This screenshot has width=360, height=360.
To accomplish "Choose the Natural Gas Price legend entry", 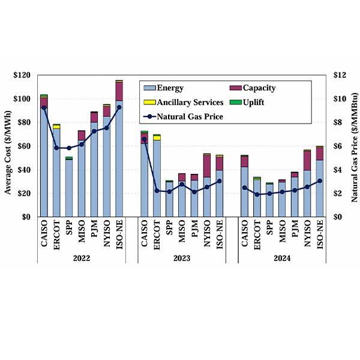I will (x=190, y=116).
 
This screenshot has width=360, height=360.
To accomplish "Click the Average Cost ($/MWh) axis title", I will (x=8, y=146).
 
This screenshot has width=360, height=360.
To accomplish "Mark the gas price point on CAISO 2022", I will (x=44, y=108).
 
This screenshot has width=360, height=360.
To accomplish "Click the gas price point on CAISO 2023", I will (x=144, y=139).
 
